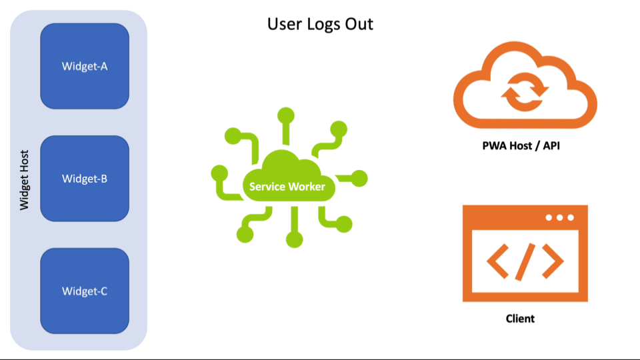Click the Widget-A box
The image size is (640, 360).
click(x=85, y=66)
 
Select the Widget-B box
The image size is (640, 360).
click(x=85, y=178)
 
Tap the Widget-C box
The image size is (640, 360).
click(x=85, y=291)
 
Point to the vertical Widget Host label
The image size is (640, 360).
click(x=25, y=179)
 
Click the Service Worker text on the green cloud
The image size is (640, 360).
click(x=287, y=187)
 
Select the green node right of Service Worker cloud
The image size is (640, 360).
click(x=359, y=178)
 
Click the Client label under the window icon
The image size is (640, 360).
click(x=520, y=319)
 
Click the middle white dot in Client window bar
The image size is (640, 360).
click(x=559, y=217)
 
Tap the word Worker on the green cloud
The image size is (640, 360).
click(x=307, y=187)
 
